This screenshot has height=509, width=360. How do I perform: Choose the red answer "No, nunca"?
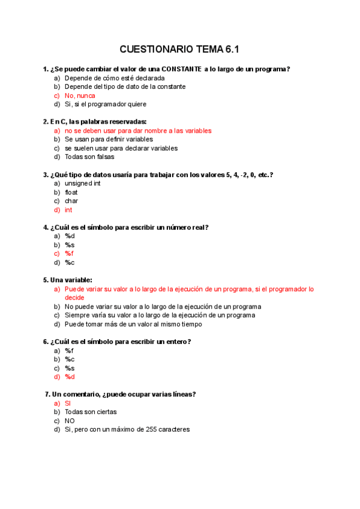pyautogui.click(x=80, y=95)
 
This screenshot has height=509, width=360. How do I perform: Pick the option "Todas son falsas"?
pyautogui.click(x=89, y=157)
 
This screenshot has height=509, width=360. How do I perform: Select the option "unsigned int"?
pyautogui.click(x=83, y=183)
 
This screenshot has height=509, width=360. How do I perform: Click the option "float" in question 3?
pyautogui.click(x=71, y=192)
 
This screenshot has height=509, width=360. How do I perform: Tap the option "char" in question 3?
pyautogui.click(x=71, y=201)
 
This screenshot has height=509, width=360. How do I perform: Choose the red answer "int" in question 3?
pyautogui.click(x=68, y=210)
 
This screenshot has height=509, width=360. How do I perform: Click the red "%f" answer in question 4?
pyautogui.click(x=69, y=253)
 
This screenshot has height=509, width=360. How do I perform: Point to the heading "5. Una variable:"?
pyautogui.click(x=67, y=280)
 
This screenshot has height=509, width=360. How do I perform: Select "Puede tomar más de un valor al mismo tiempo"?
pyautogui.click(x=133, y=324)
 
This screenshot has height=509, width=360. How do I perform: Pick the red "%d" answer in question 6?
pyautogui.click(x=70, y=377)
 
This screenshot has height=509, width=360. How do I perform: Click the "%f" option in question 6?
pyautogui.click(x=69, y=351)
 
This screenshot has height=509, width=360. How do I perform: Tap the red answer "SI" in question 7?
pyautogui.click(x=68, y=403)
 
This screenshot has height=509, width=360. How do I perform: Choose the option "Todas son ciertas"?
pyautogui.click(x=91, y=412)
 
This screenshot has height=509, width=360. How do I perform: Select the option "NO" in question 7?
pyautogui.click(x=70, y=421)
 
